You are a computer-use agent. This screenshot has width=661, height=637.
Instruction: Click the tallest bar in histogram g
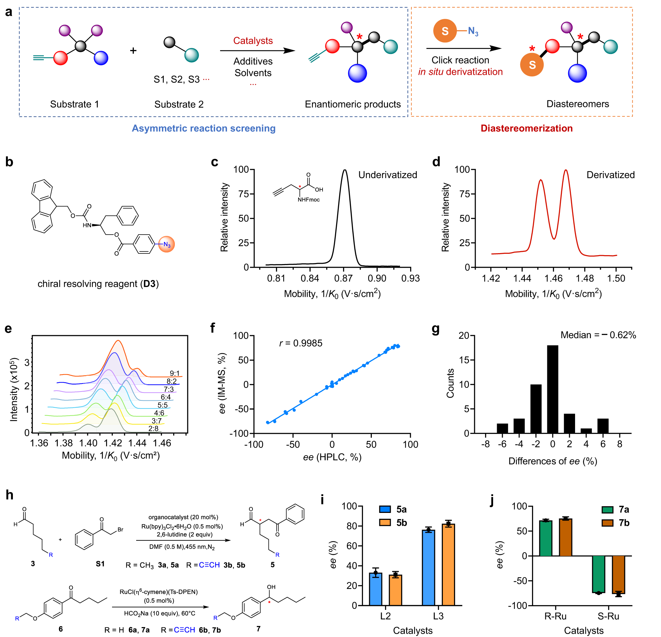(552, 389)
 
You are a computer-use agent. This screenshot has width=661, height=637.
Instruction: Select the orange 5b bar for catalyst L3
(448, 565)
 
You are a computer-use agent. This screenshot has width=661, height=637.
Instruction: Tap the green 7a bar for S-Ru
(598, 574)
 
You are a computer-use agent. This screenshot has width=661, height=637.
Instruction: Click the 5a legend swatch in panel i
(385, 509)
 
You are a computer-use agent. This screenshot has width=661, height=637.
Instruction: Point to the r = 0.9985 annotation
(301, 343)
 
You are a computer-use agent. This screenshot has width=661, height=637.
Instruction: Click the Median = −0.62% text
(598, 335)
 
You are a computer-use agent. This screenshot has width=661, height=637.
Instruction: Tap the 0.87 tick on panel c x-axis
(343, 279)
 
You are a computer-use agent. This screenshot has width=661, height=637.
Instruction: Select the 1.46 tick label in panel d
(553, 279)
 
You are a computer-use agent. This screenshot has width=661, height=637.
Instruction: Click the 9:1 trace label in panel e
(175, 373)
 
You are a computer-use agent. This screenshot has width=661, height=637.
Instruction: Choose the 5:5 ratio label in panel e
(163, 405)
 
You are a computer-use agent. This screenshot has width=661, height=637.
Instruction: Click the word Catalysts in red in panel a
(253, 41)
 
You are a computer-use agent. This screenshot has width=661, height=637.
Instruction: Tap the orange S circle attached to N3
(445, 31)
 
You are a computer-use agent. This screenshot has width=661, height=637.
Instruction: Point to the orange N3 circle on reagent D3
(167, 245)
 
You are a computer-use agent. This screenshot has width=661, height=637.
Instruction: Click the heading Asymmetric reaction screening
(204, 128)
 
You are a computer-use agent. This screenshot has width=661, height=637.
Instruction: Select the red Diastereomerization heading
(526, 128)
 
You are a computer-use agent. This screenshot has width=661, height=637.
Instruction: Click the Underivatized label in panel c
(387, 175)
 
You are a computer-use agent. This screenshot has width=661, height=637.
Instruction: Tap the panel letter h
(10, 495)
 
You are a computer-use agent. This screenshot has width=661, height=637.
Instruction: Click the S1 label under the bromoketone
(100, 564)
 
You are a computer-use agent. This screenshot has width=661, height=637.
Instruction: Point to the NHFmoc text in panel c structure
(309, 200)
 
